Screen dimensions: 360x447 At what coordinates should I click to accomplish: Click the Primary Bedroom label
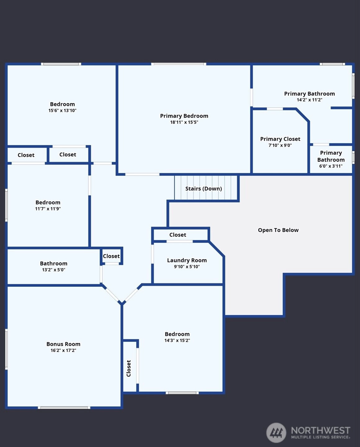click(x=184, y=116)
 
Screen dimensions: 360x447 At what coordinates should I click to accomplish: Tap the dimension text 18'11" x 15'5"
click(x=184, y=122)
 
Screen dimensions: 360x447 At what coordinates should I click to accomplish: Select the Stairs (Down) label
click(x=204, y=189)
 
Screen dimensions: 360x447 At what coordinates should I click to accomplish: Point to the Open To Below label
click(x=278, y=230)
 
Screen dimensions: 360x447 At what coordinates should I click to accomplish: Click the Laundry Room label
click(x=187, y=261)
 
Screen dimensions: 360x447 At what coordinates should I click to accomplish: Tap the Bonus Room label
click(x=63, y=344)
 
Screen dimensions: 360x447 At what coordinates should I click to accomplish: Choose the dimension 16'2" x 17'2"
click(x=63, y=350)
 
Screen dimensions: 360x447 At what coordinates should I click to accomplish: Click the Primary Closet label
click(x=280, y=139)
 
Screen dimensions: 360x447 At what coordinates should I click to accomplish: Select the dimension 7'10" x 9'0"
click(x=280, y=145)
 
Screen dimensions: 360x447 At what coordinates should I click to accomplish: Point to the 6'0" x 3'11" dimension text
click(x=331, y=166)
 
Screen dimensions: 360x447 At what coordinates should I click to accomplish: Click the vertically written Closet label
click(x=129, y=368)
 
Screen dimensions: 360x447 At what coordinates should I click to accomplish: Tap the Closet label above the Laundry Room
click(x=178, y=235)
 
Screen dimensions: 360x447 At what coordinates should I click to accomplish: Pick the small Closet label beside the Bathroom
click(x=111, y=256)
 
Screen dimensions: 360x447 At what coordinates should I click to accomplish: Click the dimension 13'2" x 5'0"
click(x=53, y=270)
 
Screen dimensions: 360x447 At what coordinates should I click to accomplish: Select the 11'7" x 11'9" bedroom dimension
click(x=48, y=208)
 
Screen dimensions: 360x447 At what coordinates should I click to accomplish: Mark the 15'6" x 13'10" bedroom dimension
click(x=62, y=110)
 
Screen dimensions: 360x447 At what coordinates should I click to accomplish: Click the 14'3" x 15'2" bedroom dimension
click(x=177, y=340)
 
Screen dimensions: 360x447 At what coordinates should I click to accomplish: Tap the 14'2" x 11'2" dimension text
click(x=309, y=100)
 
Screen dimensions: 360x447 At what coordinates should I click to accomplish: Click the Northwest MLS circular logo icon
click(x=276, y=433)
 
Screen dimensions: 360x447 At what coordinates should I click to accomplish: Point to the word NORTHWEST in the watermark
click(x=321, y=430)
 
